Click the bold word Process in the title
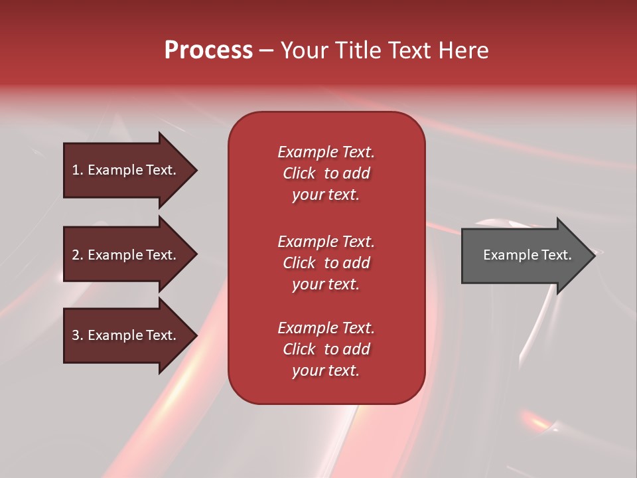(208, 50)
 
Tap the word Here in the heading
(464, 50)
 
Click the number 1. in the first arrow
(78, 170)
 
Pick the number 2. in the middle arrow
(78, 255)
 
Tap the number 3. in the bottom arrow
(78, 335)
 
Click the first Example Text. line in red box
(326, 152)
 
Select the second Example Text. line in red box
(326, 242)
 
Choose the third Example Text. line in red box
(326, 328)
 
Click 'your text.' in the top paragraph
(325, 195)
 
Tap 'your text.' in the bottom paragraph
(325, 371)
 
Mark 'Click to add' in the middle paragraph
(326, 263)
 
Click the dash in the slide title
(266, 51)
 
